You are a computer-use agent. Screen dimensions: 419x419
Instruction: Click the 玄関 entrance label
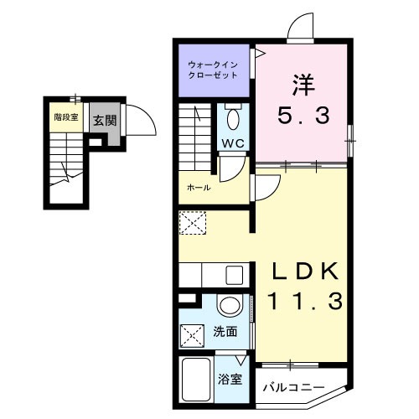[105, 121]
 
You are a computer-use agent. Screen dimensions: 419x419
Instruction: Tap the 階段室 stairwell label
[66, 117]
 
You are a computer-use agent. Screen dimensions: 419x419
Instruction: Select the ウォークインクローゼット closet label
[213, 70]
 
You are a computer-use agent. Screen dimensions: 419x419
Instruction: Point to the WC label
[233, 143]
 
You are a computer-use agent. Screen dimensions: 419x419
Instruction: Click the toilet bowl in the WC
[233, 119]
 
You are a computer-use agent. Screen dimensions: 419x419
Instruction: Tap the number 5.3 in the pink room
[303, 116]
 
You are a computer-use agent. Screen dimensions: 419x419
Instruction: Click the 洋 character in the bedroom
[303, 85]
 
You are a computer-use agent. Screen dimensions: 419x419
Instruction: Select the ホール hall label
[199, 188]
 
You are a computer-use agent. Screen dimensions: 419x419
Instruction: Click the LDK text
[305, 271]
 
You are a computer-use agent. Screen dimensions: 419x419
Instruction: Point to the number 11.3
[305, 301]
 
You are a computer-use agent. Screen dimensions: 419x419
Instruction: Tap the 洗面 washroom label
[225, 332]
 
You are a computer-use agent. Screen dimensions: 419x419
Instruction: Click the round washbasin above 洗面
[230, 306]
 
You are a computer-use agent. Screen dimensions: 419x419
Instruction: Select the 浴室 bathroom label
[230, 380]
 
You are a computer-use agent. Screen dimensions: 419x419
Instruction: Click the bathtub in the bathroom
[196, 380]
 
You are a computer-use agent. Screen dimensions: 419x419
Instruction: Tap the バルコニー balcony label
[294, 387]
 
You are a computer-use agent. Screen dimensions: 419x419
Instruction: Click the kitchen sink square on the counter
[235, 275]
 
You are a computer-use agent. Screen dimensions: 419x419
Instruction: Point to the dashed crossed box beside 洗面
[192, 335]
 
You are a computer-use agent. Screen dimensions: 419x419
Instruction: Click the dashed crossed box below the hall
[193, 223]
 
